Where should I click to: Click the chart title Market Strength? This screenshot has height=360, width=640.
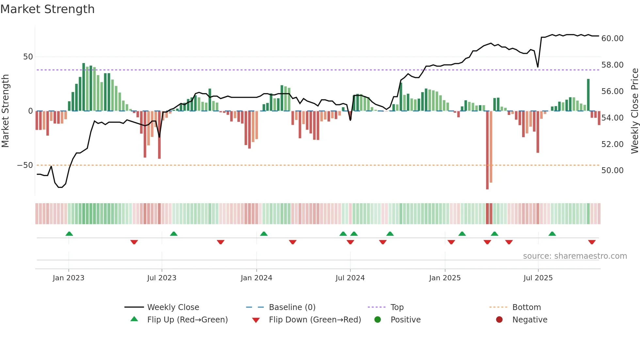click(x=47, y=9)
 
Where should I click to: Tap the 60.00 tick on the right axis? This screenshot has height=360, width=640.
click(x=612, y=39)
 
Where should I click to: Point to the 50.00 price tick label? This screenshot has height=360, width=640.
click(x=612, y=171)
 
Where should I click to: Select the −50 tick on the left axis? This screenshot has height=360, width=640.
click(x=25, y=165)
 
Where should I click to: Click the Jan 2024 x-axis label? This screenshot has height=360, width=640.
click(x=256, y=278)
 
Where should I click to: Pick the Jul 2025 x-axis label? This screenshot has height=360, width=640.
click(x=538, y=278)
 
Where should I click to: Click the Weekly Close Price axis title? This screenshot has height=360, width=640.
click(x=634, y=111)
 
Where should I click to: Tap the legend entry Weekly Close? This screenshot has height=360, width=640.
click(x=173, y=307)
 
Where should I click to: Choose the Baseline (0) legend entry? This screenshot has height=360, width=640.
click(x=292, y=307)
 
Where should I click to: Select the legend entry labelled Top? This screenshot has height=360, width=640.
click(x=397, y=307)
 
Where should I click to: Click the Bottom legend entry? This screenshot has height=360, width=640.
click(x=526, y=307)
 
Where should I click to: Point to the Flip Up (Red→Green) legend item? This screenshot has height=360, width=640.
click(x=187, y=320)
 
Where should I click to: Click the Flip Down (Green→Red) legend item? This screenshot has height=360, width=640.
click(x=315, y=320)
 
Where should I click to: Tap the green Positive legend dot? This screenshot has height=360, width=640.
click(x=378, y=320)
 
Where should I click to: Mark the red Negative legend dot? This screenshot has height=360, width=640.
click(x=499, y=320)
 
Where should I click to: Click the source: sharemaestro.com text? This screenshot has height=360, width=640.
click(x=575, y=256)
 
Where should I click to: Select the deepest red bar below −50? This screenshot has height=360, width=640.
click(x=487, y=150)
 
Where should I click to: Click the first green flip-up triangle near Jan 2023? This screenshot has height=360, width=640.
click(x=69, y=234)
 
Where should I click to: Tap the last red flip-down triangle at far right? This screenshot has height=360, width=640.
click(x=592, y=242)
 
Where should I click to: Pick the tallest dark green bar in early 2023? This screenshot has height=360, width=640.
click(x=84, y=87)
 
